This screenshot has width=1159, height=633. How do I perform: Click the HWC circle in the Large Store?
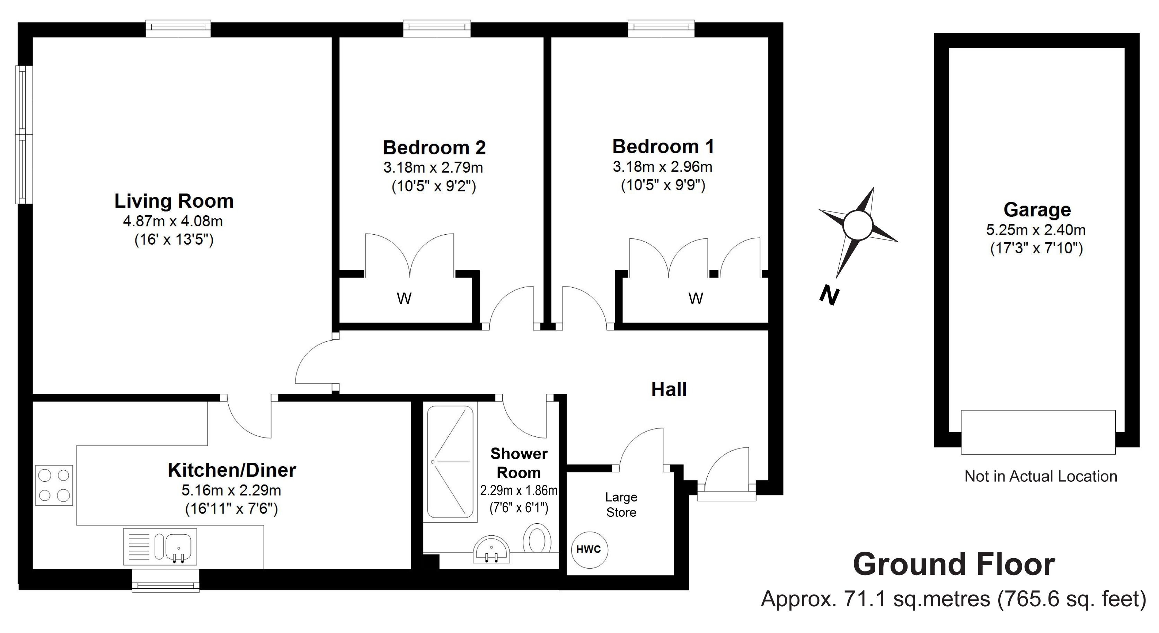[589, 549]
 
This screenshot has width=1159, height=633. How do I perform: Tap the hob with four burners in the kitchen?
[54, 485]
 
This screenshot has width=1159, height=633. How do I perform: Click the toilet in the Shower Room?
[537, 538]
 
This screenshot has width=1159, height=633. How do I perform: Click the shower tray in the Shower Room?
[450, 462]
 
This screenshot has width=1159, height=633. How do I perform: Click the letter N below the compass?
[829, 296]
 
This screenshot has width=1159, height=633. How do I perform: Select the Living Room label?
[174, 201]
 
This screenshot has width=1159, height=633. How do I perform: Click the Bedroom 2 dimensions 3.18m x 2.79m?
[433, 168]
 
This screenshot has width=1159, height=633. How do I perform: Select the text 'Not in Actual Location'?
[1041, 476]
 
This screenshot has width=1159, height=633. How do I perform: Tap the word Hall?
[669, 389]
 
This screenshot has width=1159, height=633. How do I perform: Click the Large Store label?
[621, 504]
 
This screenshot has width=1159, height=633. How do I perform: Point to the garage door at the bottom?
[1038, 432]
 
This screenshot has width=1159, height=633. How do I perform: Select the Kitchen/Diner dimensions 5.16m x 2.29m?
[231, 490]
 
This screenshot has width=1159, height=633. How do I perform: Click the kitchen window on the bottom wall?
[166, 581]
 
